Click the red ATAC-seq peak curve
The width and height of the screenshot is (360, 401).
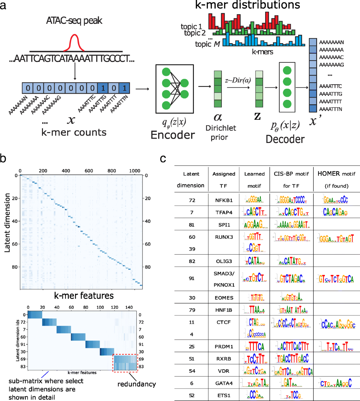point(74,42)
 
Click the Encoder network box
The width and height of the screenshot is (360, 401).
point(174,89)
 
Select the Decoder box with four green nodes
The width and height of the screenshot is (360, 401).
point(287,87)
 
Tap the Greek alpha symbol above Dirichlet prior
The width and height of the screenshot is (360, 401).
point(218,117)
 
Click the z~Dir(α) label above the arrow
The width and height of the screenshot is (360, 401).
point(238,80)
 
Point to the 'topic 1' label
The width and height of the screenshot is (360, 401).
point(191,26)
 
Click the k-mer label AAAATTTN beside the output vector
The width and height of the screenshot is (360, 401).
point(331,109)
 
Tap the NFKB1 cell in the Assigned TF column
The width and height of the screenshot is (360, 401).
point(224,200)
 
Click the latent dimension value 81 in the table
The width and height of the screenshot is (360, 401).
point(192,225)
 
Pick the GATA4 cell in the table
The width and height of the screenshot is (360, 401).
point(224,383)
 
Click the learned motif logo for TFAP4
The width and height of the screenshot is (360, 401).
point(254,212)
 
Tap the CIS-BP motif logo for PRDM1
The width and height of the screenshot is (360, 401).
point(292,346)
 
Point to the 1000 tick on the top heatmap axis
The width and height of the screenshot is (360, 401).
point(135,171)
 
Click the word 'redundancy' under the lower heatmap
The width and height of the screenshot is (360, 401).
point(136,384)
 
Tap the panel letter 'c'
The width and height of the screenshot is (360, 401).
point(163,158)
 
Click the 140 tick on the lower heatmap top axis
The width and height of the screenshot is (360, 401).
point(129,307)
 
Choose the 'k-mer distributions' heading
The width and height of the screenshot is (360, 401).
point(247,5)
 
